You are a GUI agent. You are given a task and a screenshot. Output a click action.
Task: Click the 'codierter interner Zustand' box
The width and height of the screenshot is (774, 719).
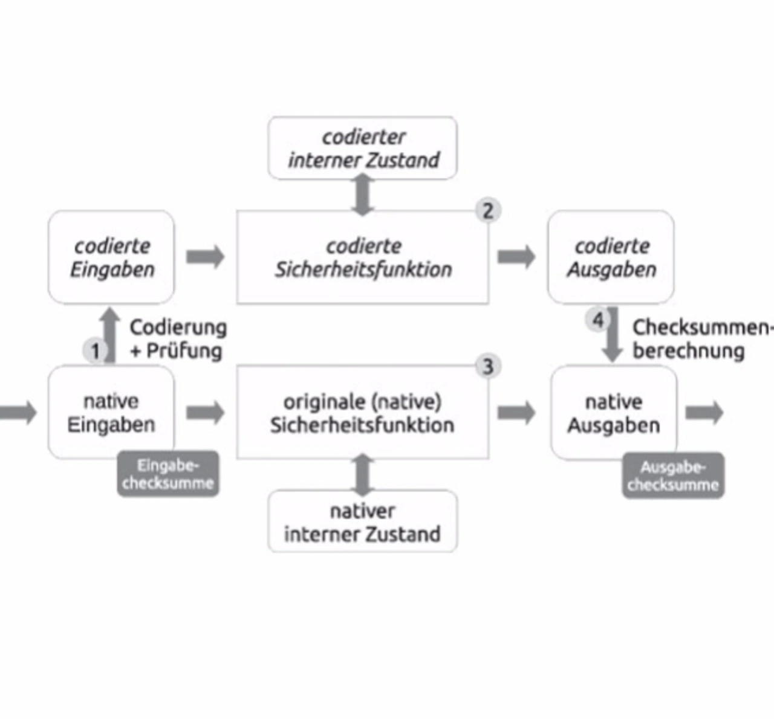click(362, 148)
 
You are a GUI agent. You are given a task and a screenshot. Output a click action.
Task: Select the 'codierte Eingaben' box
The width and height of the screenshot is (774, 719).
click(111, 257)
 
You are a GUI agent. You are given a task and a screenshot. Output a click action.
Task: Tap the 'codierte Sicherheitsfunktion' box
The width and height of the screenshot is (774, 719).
click(362, 257)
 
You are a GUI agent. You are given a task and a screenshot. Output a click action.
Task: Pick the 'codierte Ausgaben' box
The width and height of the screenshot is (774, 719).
click(611, 257)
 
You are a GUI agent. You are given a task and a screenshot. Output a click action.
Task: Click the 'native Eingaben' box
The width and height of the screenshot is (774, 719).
click(111, 413)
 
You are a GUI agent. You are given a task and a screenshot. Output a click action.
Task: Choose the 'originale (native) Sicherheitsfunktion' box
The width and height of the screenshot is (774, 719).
click(362, 413)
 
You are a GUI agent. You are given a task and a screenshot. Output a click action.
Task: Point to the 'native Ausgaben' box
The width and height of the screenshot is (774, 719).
click(613, 413)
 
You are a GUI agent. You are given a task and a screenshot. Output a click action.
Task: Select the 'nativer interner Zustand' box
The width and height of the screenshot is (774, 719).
click(362, 522)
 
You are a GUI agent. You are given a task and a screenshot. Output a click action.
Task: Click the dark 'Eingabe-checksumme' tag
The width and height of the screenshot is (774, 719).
click(168, 474)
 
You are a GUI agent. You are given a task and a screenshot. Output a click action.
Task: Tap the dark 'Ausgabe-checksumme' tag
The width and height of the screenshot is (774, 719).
click(673, 476)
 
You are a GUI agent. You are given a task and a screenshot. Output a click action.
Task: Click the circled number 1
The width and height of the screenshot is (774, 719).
click(95, 350)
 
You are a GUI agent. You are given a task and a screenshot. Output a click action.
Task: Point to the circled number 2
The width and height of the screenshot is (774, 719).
click(488, 211)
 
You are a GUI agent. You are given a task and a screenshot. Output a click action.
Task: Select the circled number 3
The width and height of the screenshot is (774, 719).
click(488, 366)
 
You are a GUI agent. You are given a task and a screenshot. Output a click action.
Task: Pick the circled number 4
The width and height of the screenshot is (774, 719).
click(597, 320)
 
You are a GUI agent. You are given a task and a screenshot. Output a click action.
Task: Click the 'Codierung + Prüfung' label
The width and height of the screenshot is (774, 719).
click(177, 339)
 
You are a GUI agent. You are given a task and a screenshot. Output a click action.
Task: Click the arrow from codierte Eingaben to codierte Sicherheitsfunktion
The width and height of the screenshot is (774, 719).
click(206, 257)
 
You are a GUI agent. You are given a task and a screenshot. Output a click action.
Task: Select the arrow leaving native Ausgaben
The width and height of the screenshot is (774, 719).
click(704, 413)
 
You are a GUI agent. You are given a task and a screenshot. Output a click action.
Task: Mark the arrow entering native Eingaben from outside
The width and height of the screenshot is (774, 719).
click(18, 413)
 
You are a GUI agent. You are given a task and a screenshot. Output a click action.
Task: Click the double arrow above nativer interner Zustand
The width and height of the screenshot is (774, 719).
click(362, 475)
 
